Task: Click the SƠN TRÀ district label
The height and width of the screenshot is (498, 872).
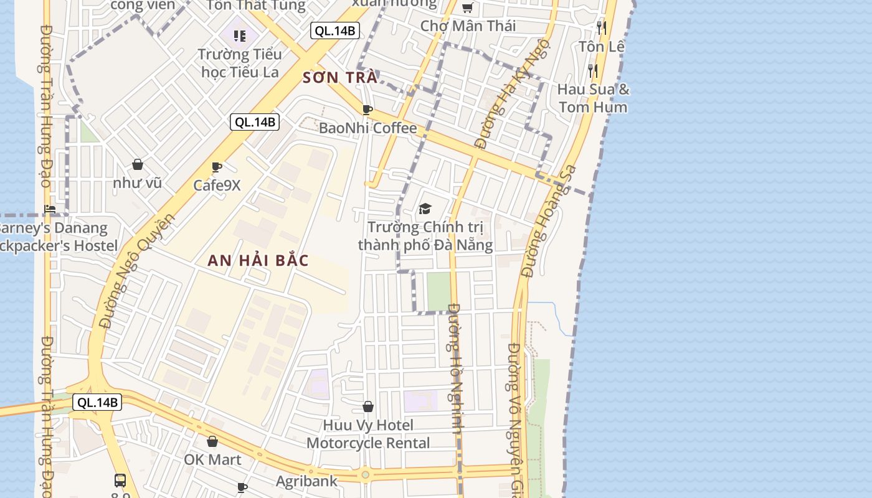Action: [340, 78]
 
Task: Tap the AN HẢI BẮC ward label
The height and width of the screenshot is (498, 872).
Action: [258, 260]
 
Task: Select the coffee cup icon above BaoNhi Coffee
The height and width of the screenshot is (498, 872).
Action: [367, 110]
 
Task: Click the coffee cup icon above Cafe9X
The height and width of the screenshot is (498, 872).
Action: [217, 167]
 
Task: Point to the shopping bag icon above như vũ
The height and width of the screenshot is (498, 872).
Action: [138, 165]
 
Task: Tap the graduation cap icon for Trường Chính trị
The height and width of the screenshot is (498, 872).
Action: [425, 209]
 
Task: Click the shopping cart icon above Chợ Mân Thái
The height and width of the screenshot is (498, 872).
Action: [467, 8]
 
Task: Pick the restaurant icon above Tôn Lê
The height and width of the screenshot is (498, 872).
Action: [601, 27]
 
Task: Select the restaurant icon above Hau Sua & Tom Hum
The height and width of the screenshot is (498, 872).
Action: [593, 70]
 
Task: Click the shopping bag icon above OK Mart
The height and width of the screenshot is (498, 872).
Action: [212, 441]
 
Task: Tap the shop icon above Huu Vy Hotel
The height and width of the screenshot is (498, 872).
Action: [368, 406]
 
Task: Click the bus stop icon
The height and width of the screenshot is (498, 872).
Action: [120, 480]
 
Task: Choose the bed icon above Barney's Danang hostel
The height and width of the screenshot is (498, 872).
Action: [50, 209]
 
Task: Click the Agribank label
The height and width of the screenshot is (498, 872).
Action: [306, 481]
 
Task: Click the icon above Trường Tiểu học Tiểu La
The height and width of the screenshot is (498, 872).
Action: [240, 36]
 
